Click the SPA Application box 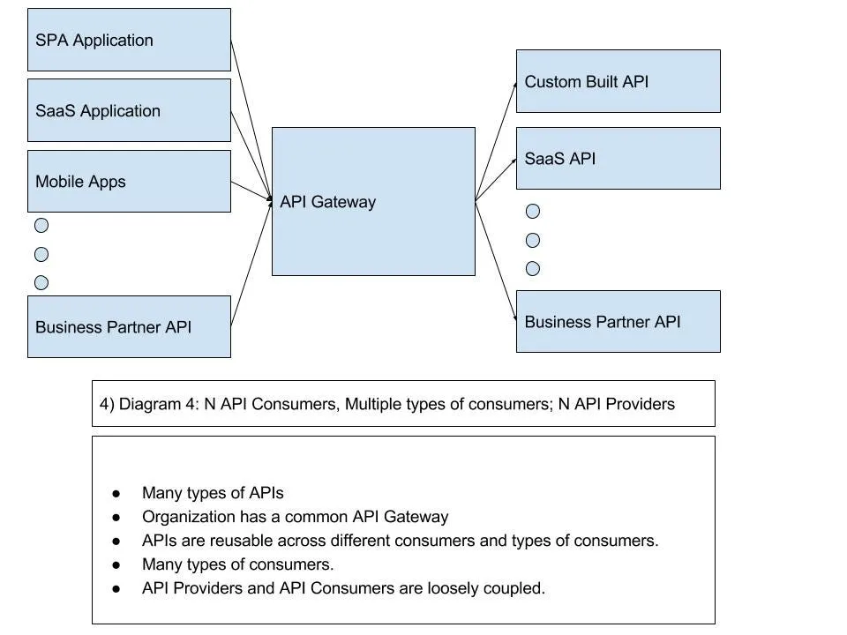pyautogui.click(x=129, y=40)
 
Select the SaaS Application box pyautogui.click(x=129, y=110)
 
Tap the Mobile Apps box pyautogui.click(x=129, y=181)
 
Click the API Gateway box pyautogui.click(x=373, y=201)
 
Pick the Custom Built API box pyautogui.click(x=618, y=81)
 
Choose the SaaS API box pyautogui.click(x=618, y=158)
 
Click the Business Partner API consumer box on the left pyautogui.click(x=129, y=326)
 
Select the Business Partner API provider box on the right pyautogui.click(x=618, y=321)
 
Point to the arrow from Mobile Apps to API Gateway pyautogui.click(x=251, y=190)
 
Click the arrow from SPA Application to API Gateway pyautogui.click(x=251, y=120)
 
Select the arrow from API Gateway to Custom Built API pyautogui.click(x=496, y=141)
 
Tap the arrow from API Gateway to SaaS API pyautogui.click(x=496, y=180)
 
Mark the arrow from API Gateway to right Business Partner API pyautogui.click(x=496, y=261)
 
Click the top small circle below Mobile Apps pyautogui.click(x=41, y=225)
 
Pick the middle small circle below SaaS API pyautogui.click(x=533, y=240)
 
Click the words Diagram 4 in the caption pyautogui.click(x=160, y=404)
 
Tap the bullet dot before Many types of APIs pyautogui.click(x=116, y=494)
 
